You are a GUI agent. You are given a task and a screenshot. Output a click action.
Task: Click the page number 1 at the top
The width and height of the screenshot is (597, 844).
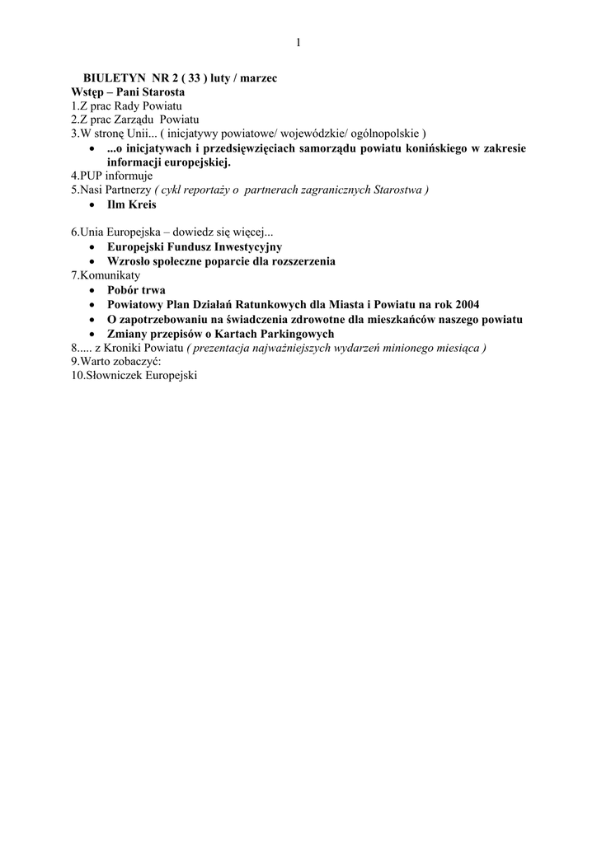pos(298,43)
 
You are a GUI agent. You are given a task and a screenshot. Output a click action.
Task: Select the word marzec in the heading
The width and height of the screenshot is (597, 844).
pos(258,77)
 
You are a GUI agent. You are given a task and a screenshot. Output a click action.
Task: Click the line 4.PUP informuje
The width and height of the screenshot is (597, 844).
pos(112,176)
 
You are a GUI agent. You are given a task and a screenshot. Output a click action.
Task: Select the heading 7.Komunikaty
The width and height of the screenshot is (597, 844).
pos(106,275)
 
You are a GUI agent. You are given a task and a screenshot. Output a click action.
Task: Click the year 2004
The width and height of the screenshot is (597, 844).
pos(467,304)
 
